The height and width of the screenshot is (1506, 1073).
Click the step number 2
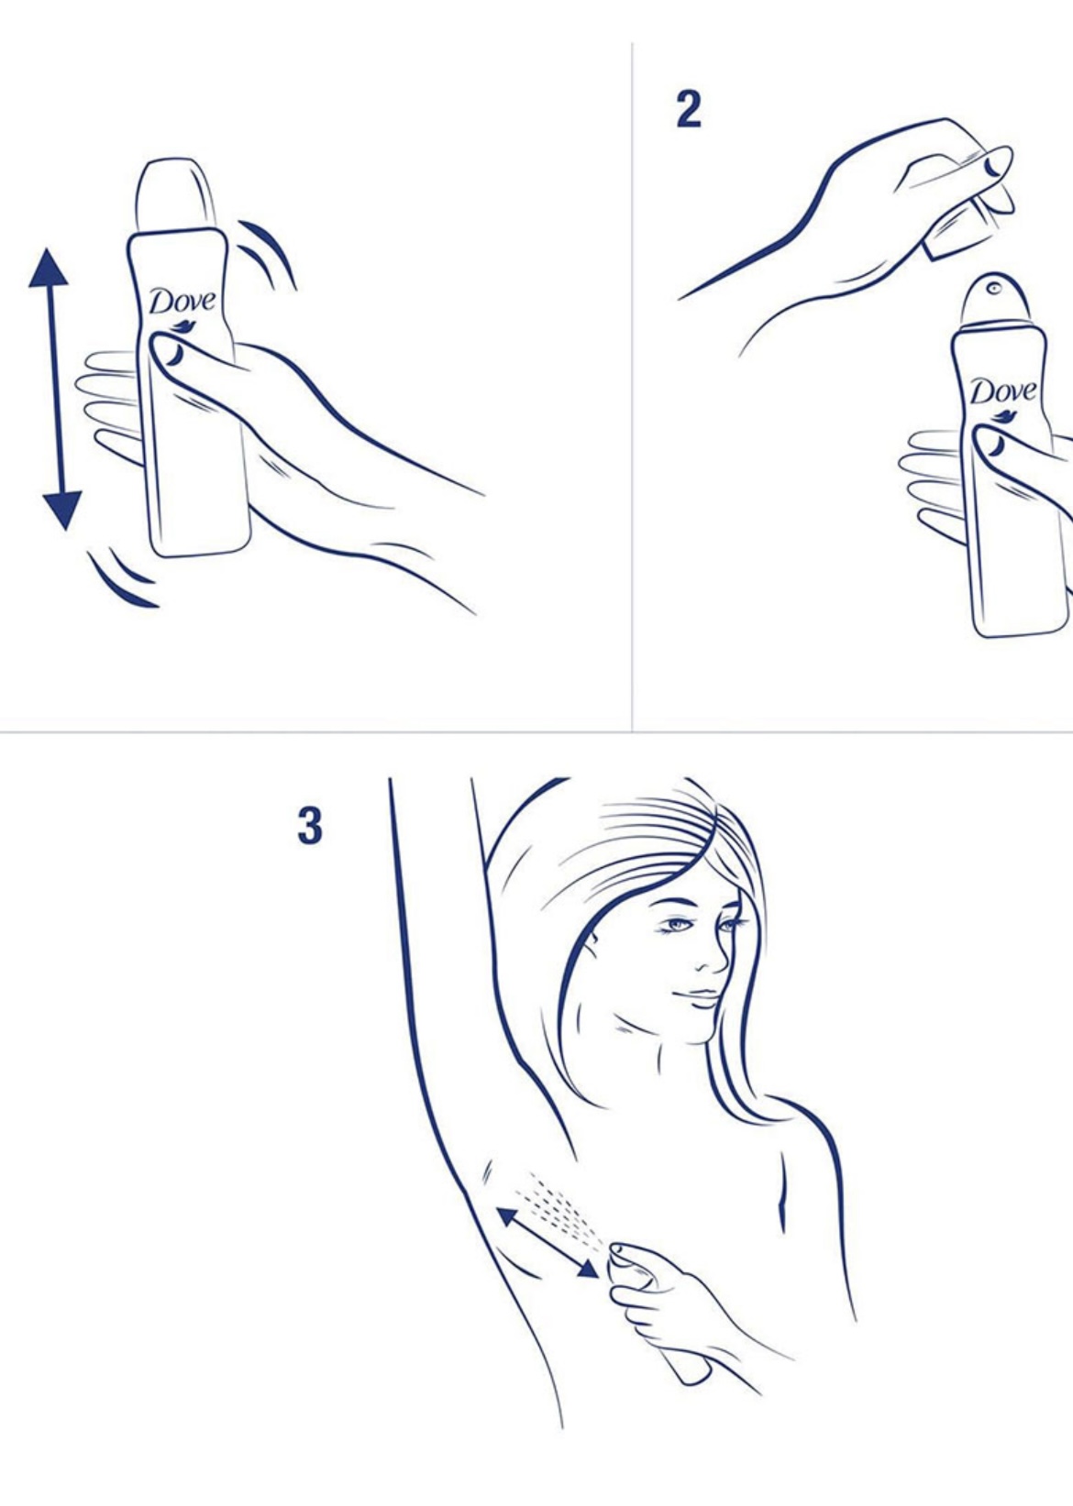point(688,110)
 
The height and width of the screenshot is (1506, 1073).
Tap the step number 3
point(309,826)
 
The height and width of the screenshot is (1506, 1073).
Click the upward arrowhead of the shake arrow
point(49,268)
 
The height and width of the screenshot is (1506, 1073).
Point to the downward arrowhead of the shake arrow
point(61,511)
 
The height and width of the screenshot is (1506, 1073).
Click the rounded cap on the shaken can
point(176,195)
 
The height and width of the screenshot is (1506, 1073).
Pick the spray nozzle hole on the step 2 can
point(993,289)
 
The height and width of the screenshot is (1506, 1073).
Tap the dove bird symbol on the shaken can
point(182,327)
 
